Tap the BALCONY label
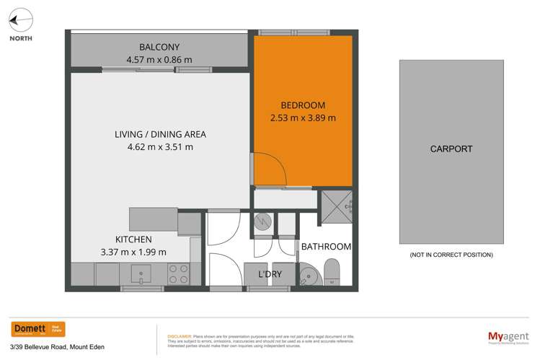(x=159, y=47)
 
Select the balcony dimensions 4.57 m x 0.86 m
(x=159, y=60)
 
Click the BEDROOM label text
(x=302, y=105)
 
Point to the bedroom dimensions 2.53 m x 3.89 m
(x=302, y=118)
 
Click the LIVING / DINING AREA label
(x=160, y=134)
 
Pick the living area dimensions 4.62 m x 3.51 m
(x=160, y=147)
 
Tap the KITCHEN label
(x=133, y=239)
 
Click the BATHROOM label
(x=327, y=247)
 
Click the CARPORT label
(x=451, y=149)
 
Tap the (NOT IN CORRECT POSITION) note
(x=451, y=255)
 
